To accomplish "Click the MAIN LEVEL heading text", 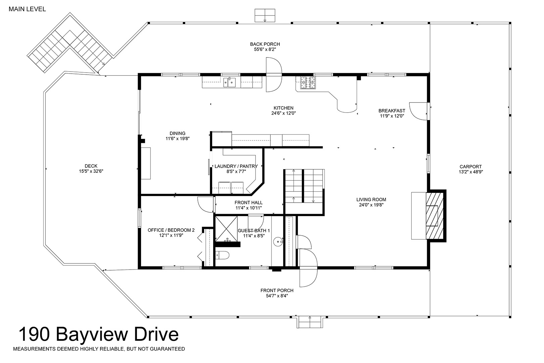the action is coord(27,9).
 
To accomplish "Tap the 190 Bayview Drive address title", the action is coord(99,334).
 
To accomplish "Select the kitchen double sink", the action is coord(229,82).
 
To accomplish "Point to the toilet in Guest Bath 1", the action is coord(222,255).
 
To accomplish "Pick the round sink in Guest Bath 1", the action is coord(278,242).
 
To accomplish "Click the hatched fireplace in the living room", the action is coord(435,216).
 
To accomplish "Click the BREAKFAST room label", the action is coord(392,111).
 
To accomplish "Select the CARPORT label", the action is coord(471,167).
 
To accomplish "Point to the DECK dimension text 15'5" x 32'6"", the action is coord(91,171).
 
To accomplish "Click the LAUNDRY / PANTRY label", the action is coord(236,166).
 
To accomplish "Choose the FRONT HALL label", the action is coord(248,203).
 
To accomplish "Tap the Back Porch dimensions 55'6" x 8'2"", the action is coord(265,49).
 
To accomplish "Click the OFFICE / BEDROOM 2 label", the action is coord(171,230).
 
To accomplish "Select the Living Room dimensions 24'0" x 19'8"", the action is coord(371,205).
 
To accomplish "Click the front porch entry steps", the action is coord(310,322).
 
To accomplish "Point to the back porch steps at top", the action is coord(265,15).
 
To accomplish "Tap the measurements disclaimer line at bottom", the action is coord(99,349).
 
